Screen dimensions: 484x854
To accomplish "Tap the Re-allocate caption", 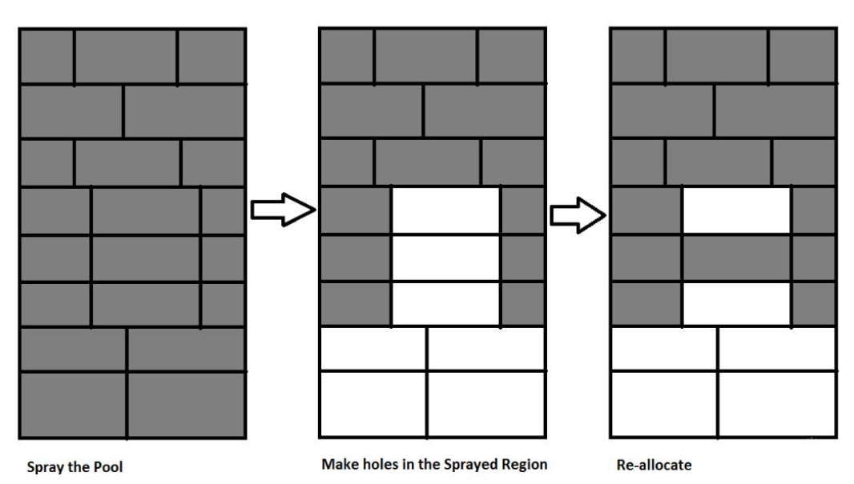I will pyautogui.click(x=655, y=464).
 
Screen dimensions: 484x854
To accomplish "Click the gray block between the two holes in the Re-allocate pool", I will pyautogui.click(x=736, y=258).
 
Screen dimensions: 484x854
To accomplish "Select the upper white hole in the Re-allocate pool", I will pyautogui.click(x=736, y=211).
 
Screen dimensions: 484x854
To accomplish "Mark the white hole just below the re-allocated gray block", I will pyautogui.click(x=736, y=303).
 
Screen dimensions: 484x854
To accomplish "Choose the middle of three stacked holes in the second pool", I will pyautogui.click(x=445, y=258).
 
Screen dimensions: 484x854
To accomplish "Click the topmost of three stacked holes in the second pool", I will pyautogui.click(x=445, y=211).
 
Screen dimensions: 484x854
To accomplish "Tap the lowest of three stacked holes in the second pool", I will pyautogui.click(x=445, y=303).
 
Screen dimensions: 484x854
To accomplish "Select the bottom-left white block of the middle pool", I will pyautogui.click(x=373, y=404).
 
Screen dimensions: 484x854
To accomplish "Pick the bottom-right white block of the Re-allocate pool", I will pyautogui.click(x=777, y=404).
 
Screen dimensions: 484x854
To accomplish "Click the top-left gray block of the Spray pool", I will pyautogui.click(x=46, y=56).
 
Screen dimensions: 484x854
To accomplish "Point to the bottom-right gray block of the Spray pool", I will pyautogui.click(x=186, y=404).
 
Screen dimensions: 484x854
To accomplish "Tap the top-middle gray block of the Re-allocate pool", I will pyautogui.click(x=717, y=56).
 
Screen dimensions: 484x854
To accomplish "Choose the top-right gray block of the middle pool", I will pyautogui.click(x=511, y=56).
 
